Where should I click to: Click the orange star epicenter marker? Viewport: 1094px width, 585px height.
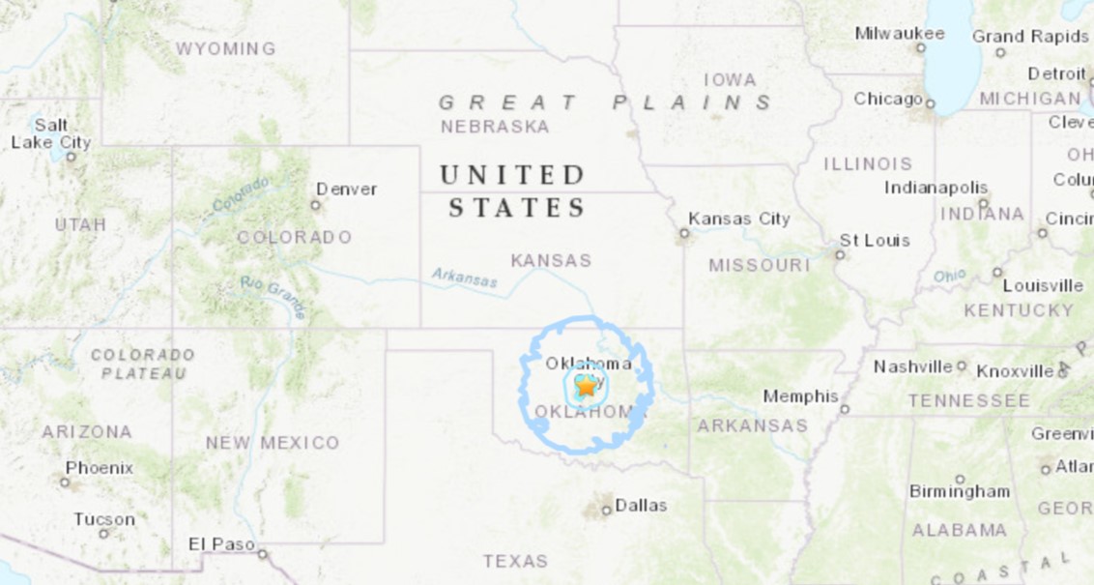(586, 386)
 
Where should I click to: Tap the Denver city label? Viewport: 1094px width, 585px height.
(347, 189)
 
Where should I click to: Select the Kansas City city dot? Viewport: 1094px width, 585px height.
(684, 233)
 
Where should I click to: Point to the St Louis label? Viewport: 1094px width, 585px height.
(875, 240)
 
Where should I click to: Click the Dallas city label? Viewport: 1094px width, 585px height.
(641, 505)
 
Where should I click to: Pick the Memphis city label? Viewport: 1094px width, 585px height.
(800, 396)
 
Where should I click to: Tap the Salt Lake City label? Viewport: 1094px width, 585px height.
(51, 133)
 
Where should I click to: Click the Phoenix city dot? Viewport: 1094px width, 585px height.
(66, 481)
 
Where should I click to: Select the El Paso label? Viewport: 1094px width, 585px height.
(221, 544)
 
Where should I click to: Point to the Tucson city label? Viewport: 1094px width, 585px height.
(104, 519)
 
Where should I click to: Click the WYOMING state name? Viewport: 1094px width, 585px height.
(225, 48)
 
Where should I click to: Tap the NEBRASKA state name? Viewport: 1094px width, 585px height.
(495, 127)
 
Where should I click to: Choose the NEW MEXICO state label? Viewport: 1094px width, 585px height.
(272, 443)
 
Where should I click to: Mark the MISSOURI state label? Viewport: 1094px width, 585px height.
(759, 265)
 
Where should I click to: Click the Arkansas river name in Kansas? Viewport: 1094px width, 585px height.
(465, 278)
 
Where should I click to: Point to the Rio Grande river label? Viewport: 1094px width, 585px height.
(273, 297)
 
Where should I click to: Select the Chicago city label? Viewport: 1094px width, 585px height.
(887, 99)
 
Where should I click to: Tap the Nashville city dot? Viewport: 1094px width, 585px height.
(962, 366)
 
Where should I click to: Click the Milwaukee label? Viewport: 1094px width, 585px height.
(899, 34)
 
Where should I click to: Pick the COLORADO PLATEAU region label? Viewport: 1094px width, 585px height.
(142, 364)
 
